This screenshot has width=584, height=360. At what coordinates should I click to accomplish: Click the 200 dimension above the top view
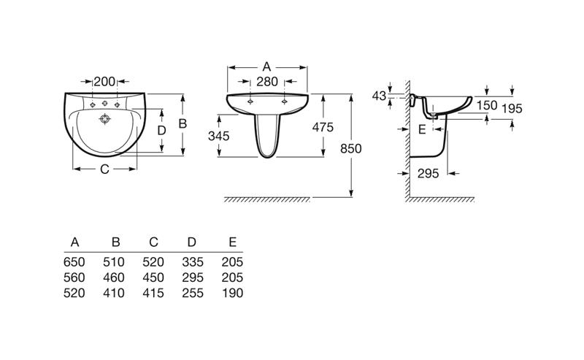pos(104,81)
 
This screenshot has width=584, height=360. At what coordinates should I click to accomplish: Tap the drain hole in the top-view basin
pos(105,119)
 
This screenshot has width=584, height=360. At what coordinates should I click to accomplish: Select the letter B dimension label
pos(182,123)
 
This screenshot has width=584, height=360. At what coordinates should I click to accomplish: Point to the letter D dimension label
pos(161,131)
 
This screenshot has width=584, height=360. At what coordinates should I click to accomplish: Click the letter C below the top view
pos(104,169)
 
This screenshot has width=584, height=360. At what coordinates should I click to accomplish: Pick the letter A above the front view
pos(266,66)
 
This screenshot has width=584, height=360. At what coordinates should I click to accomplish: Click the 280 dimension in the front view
pos(267,81)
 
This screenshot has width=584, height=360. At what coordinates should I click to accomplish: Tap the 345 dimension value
pos(218,136)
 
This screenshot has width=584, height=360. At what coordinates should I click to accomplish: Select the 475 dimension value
pos(323,128)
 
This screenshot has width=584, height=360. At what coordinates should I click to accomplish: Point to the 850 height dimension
pos(351,149)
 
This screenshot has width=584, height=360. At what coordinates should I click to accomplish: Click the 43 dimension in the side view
pos(379,96)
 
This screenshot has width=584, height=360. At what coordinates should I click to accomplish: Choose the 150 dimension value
pos(487,105)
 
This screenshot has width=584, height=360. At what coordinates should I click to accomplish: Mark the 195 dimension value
pos(512,109)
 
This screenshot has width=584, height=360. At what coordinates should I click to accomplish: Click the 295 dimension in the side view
pos(428,173)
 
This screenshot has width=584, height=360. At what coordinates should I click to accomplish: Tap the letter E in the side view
pos(422,130)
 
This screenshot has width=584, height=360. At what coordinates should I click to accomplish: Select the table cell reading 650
pos(74,262)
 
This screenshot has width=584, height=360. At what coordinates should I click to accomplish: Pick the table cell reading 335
pos(193,262)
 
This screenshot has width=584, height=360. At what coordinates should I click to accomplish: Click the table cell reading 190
pos(232,293)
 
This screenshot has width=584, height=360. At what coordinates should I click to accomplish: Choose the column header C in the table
pos(153,242)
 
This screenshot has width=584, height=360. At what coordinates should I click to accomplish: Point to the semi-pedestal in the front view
pos(267,135)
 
